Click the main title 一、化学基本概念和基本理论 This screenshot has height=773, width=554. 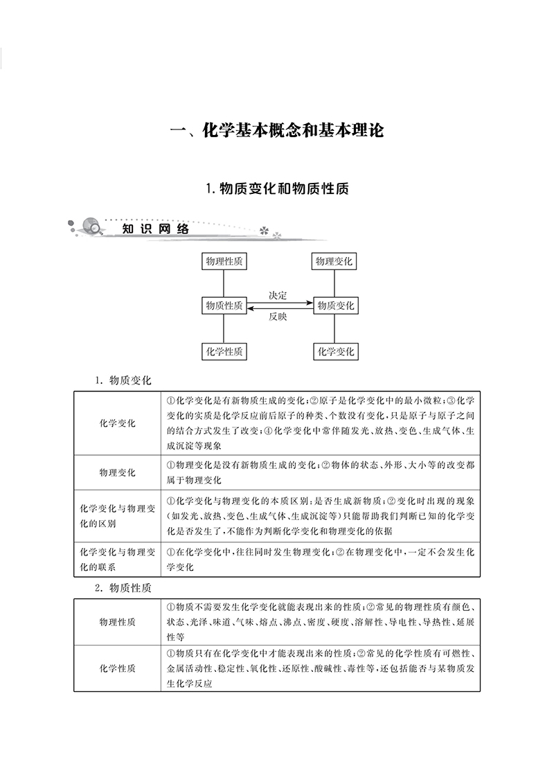point(277,131)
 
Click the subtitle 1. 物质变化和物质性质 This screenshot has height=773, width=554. point(277,188)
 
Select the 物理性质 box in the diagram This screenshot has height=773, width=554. point(224,261)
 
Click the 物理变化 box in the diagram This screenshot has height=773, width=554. point(335,261)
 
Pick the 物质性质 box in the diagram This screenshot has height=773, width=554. point(224,305)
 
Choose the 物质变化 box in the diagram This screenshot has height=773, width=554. point(336,305)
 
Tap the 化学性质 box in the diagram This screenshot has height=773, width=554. point(224,351)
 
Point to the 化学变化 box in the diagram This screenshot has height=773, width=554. point(336,351)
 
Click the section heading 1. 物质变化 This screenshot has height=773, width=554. point(124,380)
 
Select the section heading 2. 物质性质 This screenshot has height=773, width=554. point(124,587)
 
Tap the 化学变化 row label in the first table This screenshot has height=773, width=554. point(117,423)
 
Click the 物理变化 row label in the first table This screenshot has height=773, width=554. point(117,473)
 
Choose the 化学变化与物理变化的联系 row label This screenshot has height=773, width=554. point(117,560)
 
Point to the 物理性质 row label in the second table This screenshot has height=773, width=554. point(117,622)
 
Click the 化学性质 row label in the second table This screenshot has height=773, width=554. point(117,668)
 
